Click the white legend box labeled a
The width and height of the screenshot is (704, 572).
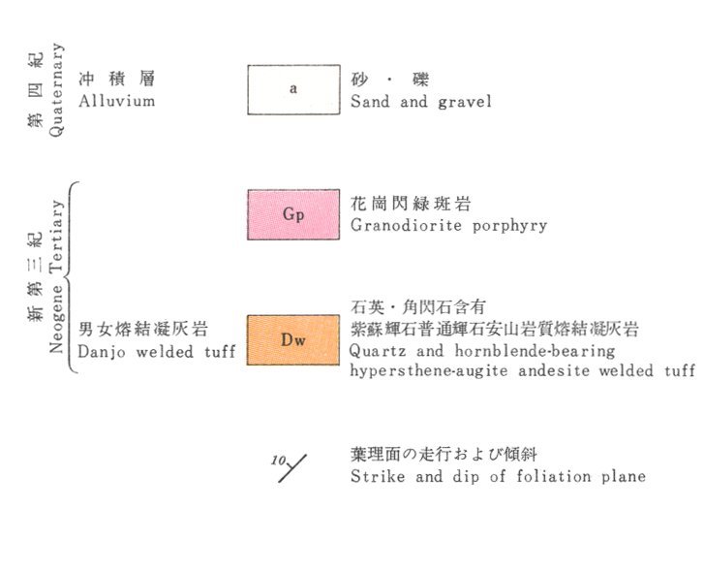(292, 89)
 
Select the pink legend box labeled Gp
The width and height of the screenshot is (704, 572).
(292, 214)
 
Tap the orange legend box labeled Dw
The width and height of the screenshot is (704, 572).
(292, 339)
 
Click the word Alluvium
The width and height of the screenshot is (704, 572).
(117, 100)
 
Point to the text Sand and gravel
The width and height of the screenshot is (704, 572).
(421, 101)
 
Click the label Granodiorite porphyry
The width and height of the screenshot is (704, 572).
(448, 226)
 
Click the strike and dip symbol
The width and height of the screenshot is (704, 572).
(293, 468)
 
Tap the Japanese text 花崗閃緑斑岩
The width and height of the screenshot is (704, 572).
(411, 205)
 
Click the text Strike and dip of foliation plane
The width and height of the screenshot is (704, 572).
(498, 476)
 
